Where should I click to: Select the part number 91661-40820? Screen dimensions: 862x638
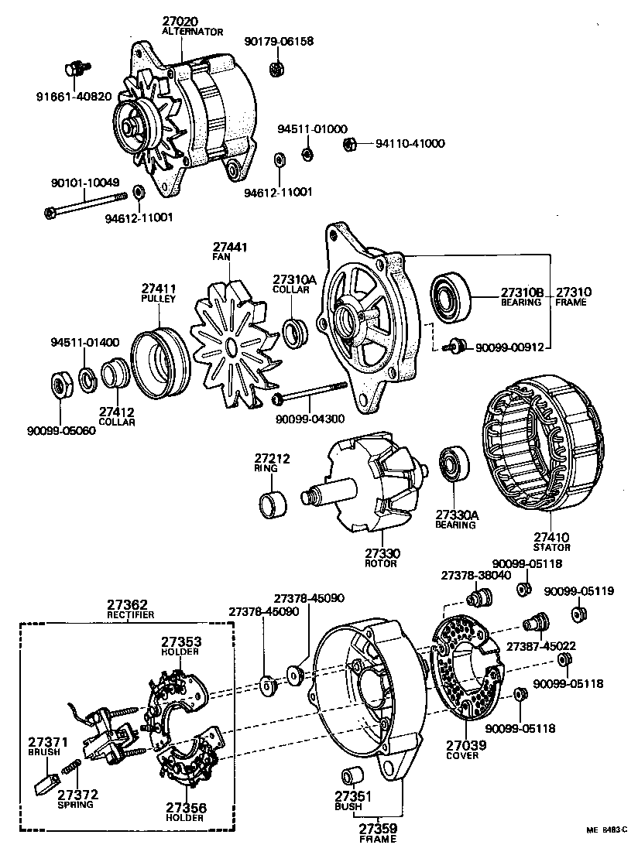pyautogui.click(x=74, y=97)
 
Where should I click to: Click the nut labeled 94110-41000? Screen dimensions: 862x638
pyautogui.click(x=348, y=143)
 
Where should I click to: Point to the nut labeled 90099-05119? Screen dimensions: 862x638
pyautogui.click(x=577, y=614)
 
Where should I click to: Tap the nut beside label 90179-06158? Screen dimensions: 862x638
pyautogui.click(x=276, y=70)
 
